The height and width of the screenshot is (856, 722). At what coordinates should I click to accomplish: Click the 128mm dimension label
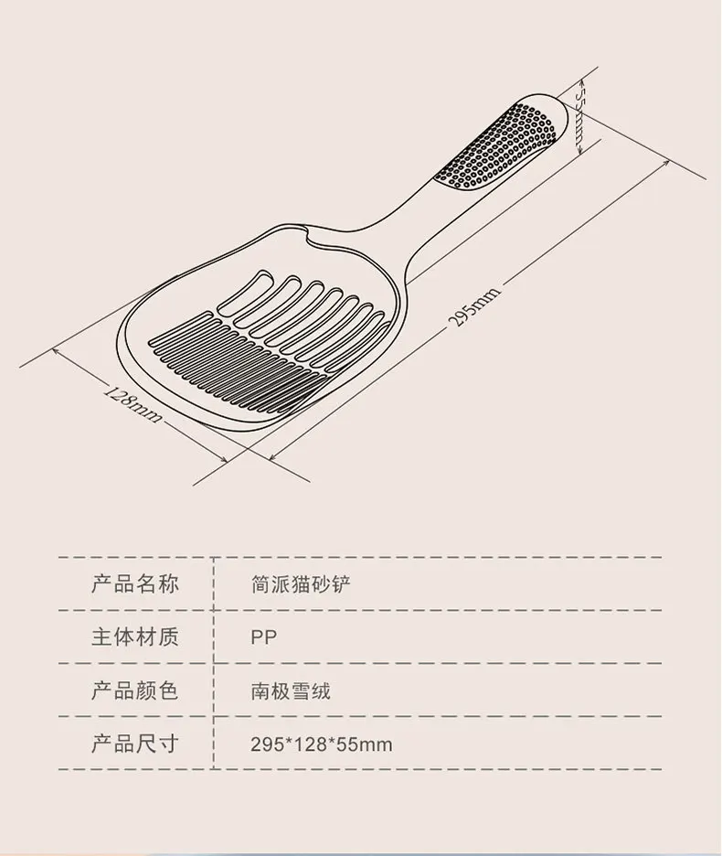pyautogui.click(x=133, y=403)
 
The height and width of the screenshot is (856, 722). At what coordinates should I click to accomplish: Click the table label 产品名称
pyautogui.click(x=134, y=583)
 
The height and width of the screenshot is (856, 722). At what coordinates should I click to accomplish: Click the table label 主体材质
pyautogui.click(x=134, y=637)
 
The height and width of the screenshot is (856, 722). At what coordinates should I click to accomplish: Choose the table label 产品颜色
pyautogui.click(x=134, y=690)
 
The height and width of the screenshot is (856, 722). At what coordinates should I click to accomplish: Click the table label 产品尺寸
pyautogui.click(x=134, y=743)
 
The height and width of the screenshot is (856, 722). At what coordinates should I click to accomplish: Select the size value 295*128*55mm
pyautogui.click(x=321, y=744)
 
